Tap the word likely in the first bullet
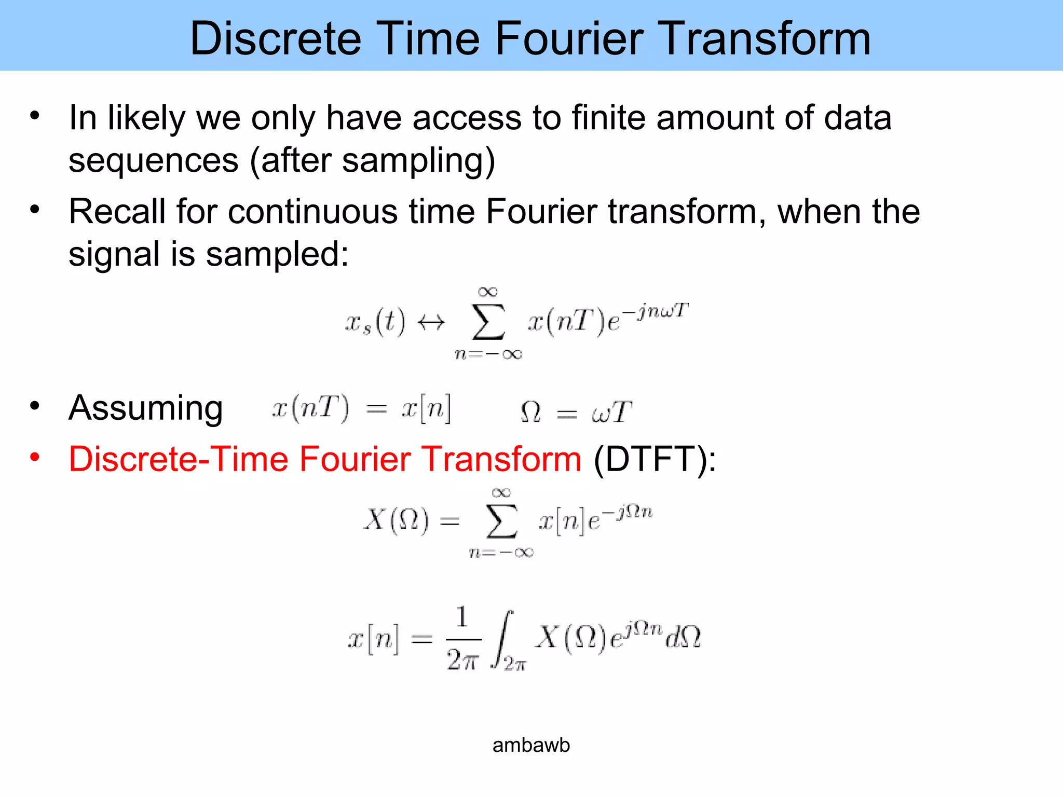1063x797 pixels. coord(146,118)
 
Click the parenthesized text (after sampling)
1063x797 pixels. coord(372,161)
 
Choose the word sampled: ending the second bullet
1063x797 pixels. coord(277,255)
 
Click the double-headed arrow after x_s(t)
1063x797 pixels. coord(431,323)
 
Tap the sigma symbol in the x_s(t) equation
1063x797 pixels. coord(488,322)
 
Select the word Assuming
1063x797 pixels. coord(146,408)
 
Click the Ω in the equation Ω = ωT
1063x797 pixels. coord(530,413)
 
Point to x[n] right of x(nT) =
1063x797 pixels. coord(426,409)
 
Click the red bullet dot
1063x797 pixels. coord(35,457)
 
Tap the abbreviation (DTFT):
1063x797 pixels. coord(655,460)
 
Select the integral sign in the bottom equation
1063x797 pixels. coord(503,639)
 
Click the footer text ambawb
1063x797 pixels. coord(531,745)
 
